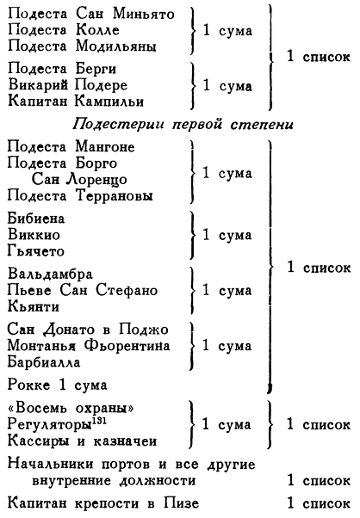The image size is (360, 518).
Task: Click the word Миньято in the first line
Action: point(144,14)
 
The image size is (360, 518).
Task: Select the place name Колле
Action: point(97,30)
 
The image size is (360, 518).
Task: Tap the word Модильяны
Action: point(116,46)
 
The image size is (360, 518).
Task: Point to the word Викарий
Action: point(38,85)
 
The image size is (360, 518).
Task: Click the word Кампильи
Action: point(109,101)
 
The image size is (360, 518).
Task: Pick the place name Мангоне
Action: point(105,146)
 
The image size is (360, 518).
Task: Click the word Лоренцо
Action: point(96,179)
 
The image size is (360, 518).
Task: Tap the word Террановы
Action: point(115,195)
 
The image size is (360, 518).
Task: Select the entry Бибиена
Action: point(36,219)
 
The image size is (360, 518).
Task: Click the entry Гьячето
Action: point(35,251)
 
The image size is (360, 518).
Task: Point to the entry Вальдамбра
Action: point(50,274)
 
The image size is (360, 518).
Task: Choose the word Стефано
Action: point(127,290)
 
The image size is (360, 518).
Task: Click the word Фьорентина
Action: point(127,346)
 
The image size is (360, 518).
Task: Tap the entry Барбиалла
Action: point(44,362)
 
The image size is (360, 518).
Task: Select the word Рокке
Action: point(28,385)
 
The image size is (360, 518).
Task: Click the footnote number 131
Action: point(99,421)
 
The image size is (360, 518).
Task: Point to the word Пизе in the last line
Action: point(181,503)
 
